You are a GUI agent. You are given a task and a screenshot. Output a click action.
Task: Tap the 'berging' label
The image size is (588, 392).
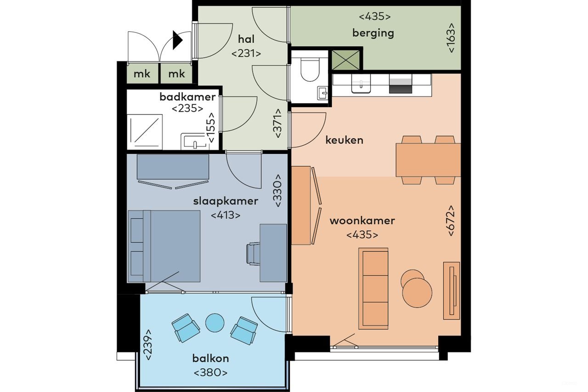click(x=373, y=33)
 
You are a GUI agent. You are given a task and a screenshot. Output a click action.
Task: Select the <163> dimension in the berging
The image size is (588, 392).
click(x=451, y=37)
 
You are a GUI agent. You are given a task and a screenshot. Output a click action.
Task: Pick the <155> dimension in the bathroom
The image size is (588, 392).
click(x=211, y=127)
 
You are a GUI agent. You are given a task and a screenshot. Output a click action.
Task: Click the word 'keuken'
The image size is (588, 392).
click(x=344, y=140)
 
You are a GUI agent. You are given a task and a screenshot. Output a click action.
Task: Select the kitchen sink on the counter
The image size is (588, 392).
click(x=362, y=85)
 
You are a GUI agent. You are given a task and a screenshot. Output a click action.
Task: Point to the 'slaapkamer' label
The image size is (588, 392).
click(x=226, y=201)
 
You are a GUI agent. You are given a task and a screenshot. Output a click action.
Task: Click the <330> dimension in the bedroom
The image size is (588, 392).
click(x=277, y=190)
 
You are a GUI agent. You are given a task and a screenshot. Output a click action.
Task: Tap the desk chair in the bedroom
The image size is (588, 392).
click(x=253, y=254)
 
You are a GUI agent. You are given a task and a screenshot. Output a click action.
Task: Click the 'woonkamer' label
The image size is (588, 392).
click(x=362, y=221)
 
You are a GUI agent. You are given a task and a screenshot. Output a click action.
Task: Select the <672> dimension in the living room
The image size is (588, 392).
click(x=451, y=221)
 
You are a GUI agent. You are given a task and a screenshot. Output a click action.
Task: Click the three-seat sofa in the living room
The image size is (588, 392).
click(x=373, y=288)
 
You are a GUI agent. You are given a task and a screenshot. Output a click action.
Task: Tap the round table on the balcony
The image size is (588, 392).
click(x=214, y=322)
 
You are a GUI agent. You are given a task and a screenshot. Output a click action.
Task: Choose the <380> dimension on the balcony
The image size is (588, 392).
click(x=210, y=373)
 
